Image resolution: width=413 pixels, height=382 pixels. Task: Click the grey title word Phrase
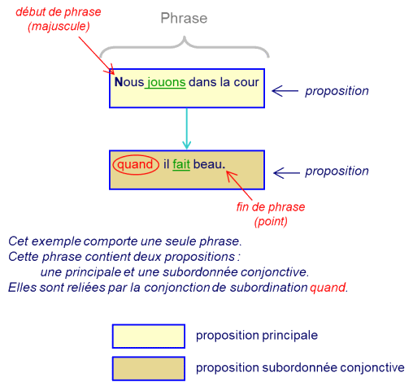pyautogui.click(x=184, y=19)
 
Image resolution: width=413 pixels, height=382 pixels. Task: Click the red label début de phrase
pyautogui.click(x=59, y=12)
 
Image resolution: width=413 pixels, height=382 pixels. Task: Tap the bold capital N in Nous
pyautogui.click(x=119, y=82)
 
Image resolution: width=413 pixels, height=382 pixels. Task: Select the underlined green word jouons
pyautogui.click(x=166, y=82)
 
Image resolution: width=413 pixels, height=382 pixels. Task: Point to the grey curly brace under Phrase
pyautogui.click(x=185, y=46)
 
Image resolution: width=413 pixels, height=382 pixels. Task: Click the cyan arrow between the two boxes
pyautogui.click(x=186, y=128)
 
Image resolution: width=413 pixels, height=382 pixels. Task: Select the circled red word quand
pyautogui.click(x=135, y=164)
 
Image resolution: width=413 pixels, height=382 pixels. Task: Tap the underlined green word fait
pyautogui.click(x=181, y=164)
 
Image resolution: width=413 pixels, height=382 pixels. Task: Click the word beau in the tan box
pyautogui.click(x=207, y=164)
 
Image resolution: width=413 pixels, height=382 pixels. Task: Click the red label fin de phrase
pyautogui.click(x=271, y=206)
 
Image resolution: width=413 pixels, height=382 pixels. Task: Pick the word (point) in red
pyautogui.click(x=271, y=221)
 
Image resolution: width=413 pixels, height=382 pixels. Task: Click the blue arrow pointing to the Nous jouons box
pyautogui.click(x=285, y=91)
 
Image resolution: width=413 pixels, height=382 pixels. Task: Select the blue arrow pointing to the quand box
pyautogui.click(x=286, y=173)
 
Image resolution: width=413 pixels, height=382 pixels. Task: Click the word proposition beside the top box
pyautogui.click(x=337, y=91)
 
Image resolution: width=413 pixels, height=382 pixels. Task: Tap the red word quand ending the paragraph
pyautogui.click(x=328, y=287)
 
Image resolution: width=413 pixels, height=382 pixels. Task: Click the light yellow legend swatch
pyautogui.click(x=149, y=336)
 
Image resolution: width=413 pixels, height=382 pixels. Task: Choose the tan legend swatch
pyautogui.click(x=149, y=368)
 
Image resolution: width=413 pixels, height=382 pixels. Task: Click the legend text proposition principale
pyautogui.click(x=257, y=336)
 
